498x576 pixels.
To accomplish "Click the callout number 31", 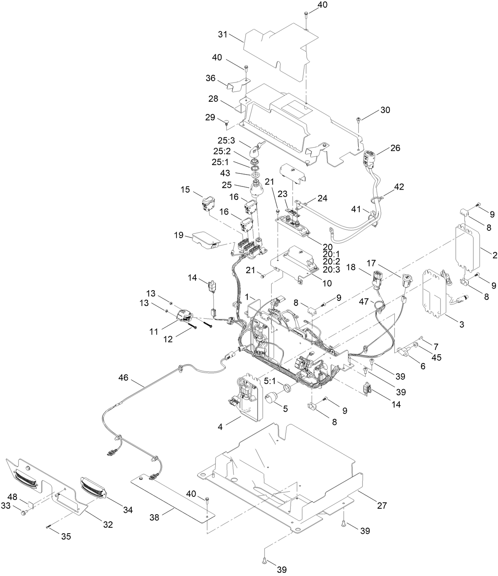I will click(222, 34).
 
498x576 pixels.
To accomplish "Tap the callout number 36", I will click(210, 78).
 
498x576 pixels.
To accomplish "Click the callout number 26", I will click(395, 148).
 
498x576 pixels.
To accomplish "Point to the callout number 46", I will click(123, 378).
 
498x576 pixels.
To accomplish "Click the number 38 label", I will click(155, 517).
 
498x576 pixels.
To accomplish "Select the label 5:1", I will click(269, 381).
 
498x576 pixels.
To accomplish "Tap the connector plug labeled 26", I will click(369, 158).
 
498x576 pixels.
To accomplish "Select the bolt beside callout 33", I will click(24, 513).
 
